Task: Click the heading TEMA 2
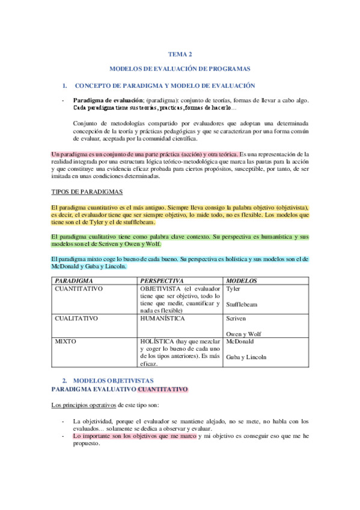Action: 180,54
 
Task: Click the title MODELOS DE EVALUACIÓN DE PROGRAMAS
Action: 180,70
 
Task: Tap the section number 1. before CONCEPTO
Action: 66,86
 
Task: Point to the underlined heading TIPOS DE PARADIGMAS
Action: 87,192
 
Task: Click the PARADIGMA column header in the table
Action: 75,281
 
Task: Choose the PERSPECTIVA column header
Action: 162,281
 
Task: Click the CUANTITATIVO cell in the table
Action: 79,289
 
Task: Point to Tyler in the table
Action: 233,289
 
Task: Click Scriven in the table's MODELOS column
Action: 236,318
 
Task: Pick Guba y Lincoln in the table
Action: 246,357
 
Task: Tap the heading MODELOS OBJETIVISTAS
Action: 113,381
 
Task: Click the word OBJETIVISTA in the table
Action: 160,289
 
